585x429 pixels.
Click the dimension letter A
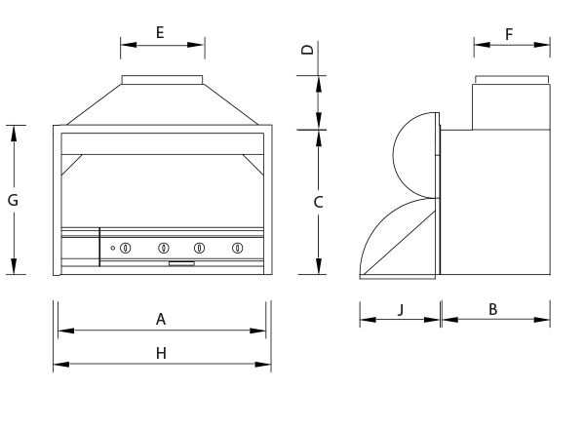162,319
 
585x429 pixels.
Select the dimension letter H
162,353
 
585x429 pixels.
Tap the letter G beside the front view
13,200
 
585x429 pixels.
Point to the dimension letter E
161,31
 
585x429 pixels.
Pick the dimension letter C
318,202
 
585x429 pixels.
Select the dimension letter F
509,33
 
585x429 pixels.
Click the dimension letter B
493,309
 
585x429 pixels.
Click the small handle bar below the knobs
181,263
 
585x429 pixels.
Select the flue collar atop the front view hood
163,79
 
